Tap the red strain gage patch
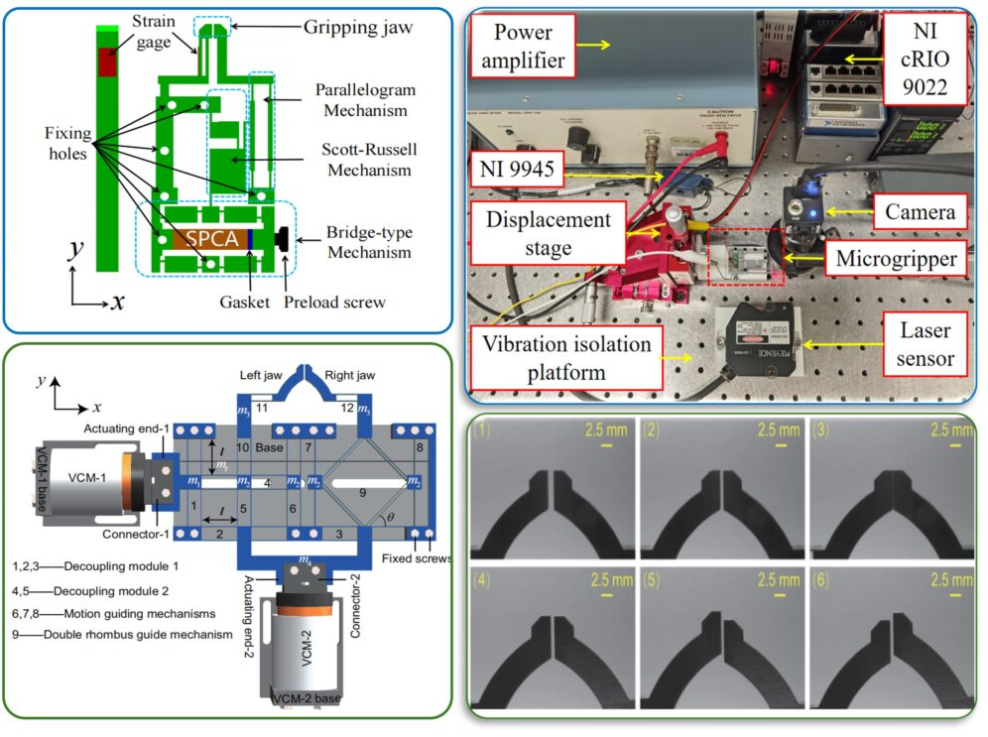pos(106,61)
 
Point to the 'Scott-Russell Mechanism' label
pos(368,160)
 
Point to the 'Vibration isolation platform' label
pos(567,358)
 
